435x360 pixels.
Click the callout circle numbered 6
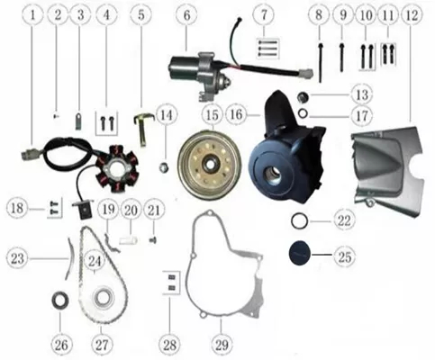[x=186, y=15]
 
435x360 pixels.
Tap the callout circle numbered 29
[x=222, y=345]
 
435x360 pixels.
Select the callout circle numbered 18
[x=17, y=208]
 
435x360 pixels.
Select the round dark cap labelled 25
[x=299, y=255]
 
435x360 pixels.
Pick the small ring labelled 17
[x=304, y=113]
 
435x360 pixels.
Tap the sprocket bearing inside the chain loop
[x=104, y=297]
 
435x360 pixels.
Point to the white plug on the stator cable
[x=30, y=153]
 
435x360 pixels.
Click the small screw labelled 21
[x=153, y=240]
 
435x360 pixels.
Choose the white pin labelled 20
[x=129, y=240]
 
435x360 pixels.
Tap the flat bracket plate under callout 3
[x=79, y=121]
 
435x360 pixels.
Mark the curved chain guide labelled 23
[x=71, y=257]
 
